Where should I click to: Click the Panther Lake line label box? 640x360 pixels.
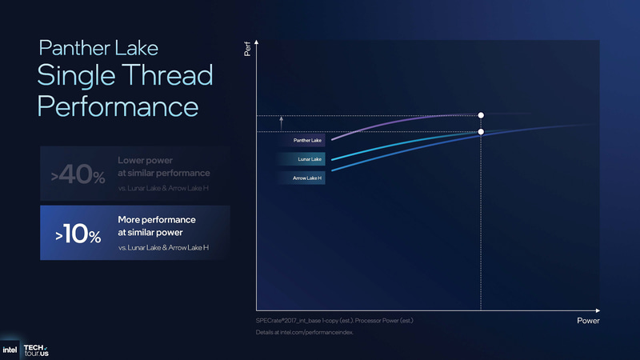(x=307, y=140)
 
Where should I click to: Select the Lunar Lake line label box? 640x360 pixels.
(x=307, y=159)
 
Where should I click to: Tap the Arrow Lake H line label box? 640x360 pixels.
(x=307, y=178)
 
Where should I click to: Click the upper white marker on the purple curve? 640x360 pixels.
(x=481, y=115)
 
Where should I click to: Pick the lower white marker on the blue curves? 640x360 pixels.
(x=481, y=132)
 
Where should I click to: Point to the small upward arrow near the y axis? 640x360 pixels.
(x=282, y=121)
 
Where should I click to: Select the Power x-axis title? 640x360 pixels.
(x=587, y=321)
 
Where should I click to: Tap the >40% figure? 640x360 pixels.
(x=78, y=175)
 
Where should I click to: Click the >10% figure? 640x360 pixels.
(x=78, y=234)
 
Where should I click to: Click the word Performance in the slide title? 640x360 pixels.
(x=117, y=107)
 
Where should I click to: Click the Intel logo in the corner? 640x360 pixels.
(x=10, y=350)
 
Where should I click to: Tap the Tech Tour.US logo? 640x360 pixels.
(x=36, y=350)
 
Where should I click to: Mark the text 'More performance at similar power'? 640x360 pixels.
(x=157, y=226)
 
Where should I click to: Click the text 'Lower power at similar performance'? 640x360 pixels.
(x=163, y=166)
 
